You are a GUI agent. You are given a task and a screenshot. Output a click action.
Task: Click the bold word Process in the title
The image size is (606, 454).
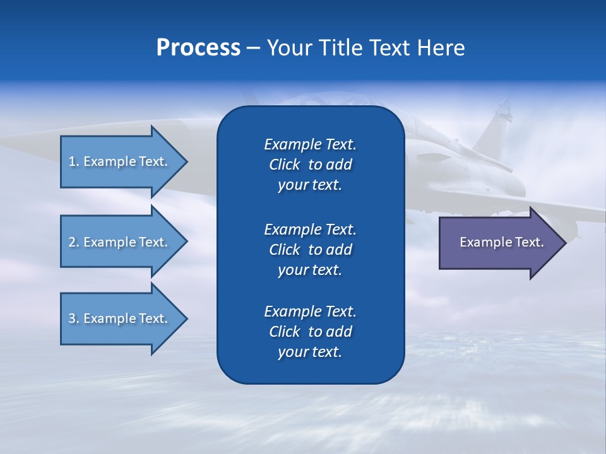point(198,48)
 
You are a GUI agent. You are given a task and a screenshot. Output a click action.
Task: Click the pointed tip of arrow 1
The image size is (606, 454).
point(186,161)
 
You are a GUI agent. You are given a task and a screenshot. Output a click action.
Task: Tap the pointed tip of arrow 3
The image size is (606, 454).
point(186,318)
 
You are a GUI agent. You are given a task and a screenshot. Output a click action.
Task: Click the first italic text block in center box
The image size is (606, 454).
point(310,165)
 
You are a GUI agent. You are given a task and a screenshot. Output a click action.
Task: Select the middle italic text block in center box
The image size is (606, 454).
point(310,249)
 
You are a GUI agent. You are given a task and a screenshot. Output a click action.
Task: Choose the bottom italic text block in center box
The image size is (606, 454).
point(310,332)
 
